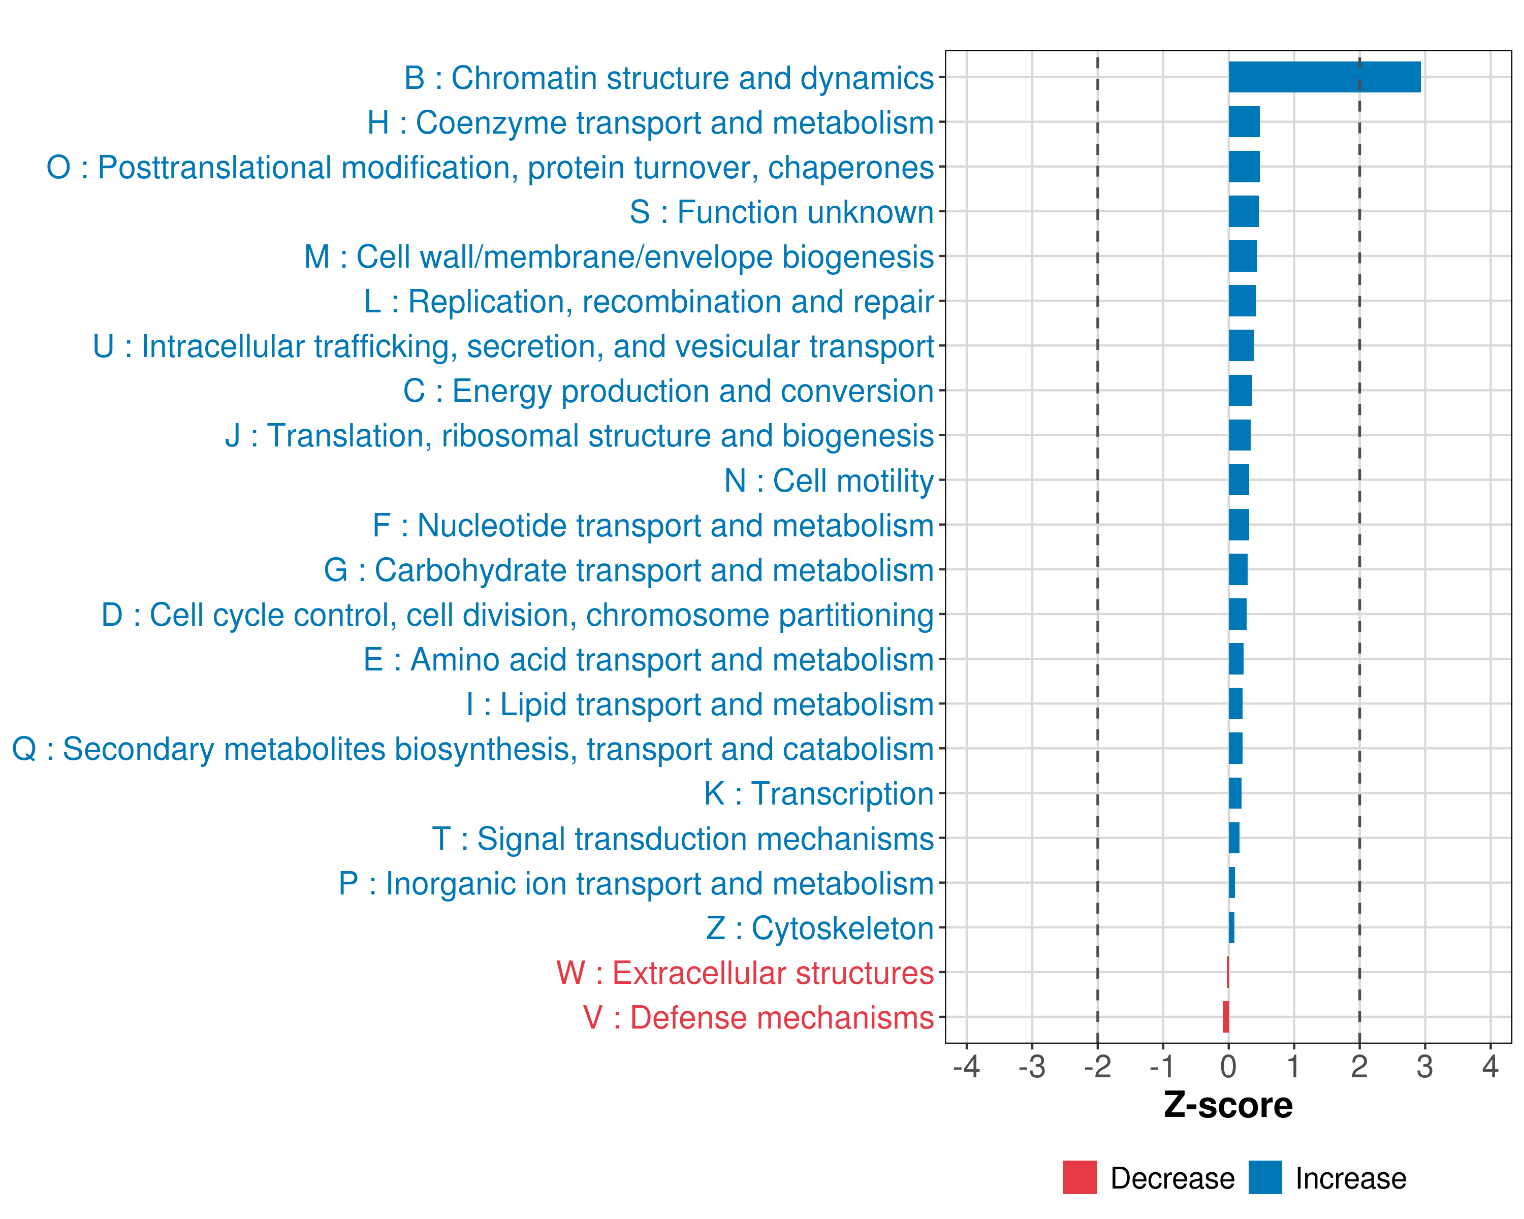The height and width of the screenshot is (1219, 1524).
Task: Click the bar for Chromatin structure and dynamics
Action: pyautogui.click(x=1324, y=77)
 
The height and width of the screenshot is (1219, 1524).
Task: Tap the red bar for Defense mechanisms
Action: pyautogui.click(x=1226, y=1017)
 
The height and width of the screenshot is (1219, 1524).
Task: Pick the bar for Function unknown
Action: pyautogui.click(x=1244, y=211)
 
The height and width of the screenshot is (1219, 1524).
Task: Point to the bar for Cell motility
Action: pyautogui.click(x=1239, y=480)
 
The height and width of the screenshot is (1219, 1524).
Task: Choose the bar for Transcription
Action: pyautogui.click(x=1235, y=793)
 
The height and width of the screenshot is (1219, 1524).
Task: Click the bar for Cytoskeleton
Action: pyautogui.click(x=1231, y=927)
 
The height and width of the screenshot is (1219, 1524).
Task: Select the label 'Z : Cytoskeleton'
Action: pyautogui.click(x=820, y=928)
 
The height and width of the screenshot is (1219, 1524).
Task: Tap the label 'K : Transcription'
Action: pyautogui.click(x=818, y=793)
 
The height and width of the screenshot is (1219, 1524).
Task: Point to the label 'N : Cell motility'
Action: pyautogui.click(x=829, y=480)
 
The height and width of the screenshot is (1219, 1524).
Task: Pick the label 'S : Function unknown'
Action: pyautogui.click(x=781, y=212)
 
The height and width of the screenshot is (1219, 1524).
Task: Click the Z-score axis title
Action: pyautogui.click(x=1228, y=1105)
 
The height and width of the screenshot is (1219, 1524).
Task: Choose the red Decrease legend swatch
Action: pyautogui.click(x=1079, y=1177)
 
